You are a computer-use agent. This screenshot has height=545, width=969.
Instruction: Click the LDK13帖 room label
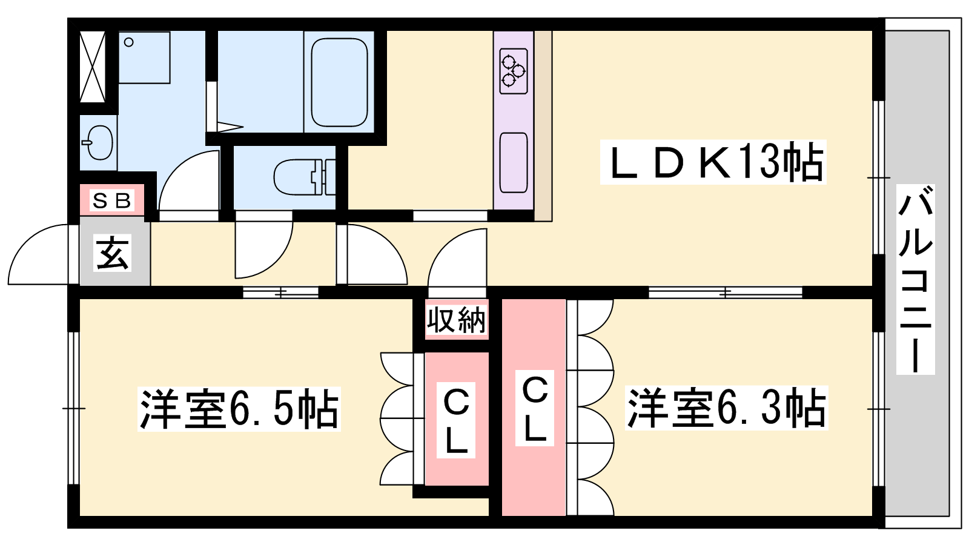pos(713,162)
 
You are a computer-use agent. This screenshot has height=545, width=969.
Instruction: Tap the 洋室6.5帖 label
pos(239,409)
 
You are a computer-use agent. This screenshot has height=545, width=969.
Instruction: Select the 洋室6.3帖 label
pos(726,408)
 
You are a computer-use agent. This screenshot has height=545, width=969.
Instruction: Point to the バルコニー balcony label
pos(915,279)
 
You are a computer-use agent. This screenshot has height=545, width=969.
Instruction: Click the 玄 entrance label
pos(113,253)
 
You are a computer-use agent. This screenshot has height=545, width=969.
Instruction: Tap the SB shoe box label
pos(111,200)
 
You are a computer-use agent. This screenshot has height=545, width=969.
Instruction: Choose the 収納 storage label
pos(457,320)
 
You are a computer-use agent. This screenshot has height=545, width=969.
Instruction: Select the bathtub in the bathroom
pos(339,82)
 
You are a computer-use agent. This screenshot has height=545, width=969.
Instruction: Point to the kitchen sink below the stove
pos(514,163)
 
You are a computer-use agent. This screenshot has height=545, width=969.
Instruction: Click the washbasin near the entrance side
pos(99,142)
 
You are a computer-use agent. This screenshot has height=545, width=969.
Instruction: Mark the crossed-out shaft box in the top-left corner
pos(93,67)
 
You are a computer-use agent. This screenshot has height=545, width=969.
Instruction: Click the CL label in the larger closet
pos(535,408)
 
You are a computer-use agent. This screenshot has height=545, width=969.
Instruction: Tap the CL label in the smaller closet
pos(456,420)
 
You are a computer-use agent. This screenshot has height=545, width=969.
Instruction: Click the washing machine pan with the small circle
pos(144,57)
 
